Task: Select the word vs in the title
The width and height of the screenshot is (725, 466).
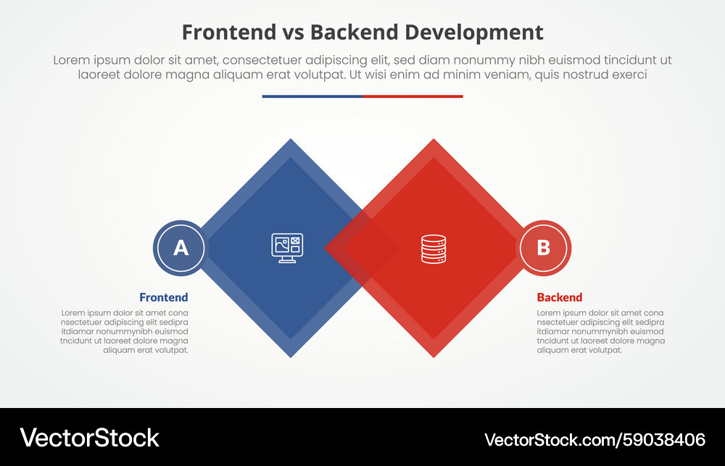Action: coord(288,33)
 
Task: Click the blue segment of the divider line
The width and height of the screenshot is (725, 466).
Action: coord(312,96)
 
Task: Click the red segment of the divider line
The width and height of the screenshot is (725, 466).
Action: coord(413,96)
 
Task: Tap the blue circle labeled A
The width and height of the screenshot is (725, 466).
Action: coord(181,248)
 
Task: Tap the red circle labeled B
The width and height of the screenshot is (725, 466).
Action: coord(543,248)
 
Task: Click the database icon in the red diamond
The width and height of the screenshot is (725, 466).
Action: coord(434,249)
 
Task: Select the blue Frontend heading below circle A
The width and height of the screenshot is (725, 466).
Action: coord(163,297)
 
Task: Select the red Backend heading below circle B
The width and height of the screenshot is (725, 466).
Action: coord(559,297)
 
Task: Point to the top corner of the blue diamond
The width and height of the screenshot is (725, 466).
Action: coord(291,141)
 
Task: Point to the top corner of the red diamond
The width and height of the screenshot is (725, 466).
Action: coord(434,141)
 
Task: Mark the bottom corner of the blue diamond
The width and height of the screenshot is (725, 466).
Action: coord(291,355)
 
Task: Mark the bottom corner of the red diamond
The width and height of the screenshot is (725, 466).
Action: coord(434,355)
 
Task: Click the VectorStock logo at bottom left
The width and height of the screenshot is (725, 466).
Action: coord(89,438)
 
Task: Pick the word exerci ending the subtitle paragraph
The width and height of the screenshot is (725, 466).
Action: coord(628,75)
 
